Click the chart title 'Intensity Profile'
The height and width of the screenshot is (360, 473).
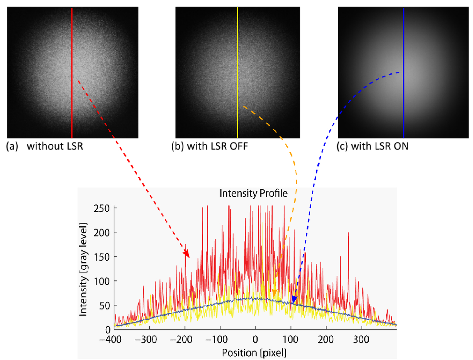click(x=253, y=194)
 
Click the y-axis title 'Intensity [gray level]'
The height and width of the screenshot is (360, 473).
click(x=83, y=270)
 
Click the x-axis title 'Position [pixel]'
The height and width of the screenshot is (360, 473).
click(x=254, y=353)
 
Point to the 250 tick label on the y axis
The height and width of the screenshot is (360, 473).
click(x=102, y=209)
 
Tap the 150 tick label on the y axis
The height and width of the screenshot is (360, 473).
click(x=102, y=257)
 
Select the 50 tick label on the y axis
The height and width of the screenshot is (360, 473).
click(x=104, y=306)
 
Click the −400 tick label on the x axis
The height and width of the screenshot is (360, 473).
click(x=110, y=340)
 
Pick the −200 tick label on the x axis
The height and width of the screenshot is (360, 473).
click(x=181, y=340)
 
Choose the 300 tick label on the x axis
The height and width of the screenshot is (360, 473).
click(x=361, y=340)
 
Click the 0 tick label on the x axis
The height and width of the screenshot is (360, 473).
click(x=255, y=340)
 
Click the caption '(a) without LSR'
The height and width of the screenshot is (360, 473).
click(x=44, y=146)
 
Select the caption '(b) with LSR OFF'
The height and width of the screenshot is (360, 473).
click(x=209, y=146)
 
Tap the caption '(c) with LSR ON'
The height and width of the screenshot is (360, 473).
click(x=372, y=146)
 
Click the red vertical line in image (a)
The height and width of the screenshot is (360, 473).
click(x=72, y=73)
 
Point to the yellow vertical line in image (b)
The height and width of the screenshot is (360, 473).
click(x=237, y=73)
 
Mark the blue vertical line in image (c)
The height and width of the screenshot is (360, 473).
click(x=403, y=73)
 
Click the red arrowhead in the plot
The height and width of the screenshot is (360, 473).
click(x=186, y=254)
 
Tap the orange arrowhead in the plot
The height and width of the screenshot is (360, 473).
click(x=274, y=293)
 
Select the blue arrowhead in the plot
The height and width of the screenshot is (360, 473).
click(x=294, y=300)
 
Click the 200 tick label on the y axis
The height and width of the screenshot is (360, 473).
click(x=102, y=233)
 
